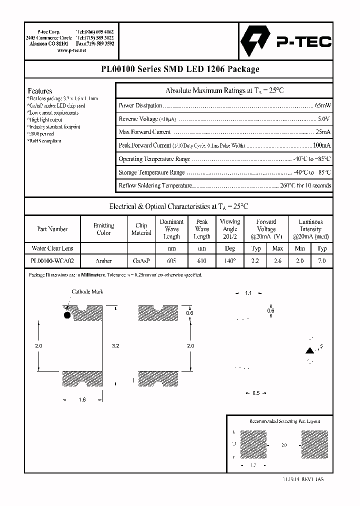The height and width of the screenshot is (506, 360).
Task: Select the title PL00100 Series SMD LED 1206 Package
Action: click(179, 69)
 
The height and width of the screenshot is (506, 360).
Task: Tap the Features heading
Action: click(40, 91)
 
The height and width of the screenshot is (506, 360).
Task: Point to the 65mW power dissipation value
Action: click(323, 105)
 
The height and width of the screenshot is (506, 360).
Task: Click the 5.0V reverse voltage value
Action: click(324, 119)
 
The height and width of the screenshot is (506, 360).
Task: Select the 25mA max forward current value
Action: click(323, 132)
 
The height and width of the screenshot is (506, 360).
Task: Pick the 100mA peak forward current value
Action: click(321, 145)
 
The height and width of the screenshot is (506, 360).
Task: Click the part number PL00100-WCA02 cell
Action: click(52, 261)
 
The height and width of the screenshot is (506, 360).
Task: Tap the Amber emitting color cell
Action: click(104, 261)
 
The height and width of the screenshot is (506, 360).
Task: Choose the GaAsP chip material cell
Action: click(141, 261)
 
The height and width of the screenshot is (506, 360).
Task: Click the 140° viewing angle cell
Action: click(230, 261)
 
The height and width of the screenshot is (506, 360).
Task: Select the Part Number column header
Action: click(52, 229)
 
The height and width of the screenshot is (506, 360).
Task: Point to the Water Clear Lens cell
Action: click(52, 248)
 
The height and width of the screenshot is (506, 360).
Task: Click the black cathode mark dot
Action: click(66, 315)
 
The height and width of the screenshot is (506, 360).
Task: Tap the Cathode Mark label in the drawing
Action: click(87, 291)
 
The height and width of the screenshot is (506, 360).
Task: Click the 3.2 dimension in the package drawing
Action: click(115, 346)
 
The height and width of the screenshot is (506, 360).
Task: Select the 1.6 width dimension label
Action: click(82, 399)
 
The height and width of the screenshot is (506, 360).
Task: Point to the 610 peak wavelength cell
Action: click(202, 261)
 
